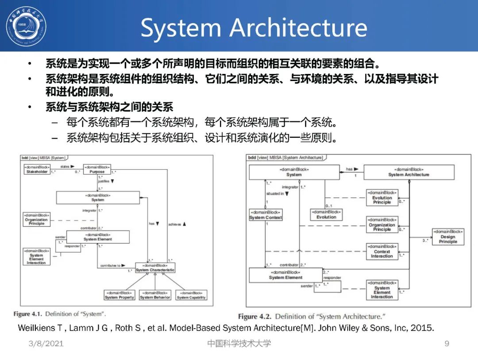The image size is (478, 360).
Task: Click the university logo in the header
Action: tap(26, 25)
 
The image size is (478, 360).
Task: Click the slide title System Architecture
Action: tap(254, 27)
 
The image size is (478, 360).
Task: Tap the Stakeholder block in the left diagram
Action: tap(36, 169)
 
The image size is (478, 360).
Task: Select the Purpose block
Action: tap(97, 169)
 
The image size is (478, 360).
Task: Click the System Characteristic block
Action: tap(155, 268)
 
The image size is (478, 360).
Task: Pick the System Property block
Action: tap(119, 295)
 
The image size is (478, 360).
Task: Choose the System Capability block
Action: tap(191, 295)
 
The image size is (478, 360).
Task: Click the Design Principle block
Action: tap(448, 236)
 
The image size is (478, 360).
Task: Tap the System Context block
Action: tap(266, 215)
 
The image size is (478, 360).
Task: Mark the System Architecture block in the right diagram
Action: tap(409, 172)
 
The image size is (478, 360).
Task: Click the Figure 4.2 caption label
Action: tap(254, 317)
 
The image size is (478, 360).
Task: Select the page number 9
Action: tap(447, 344)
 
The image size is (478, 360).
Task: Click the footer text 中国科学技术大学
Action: tap(239, 344)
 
